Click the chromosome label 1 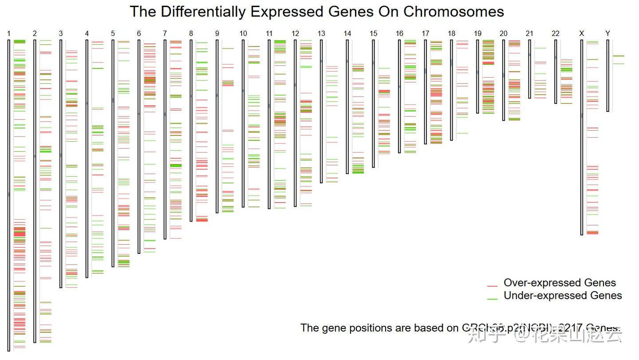click(x=9, y=33)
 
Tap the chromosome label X click(x=582, y=33)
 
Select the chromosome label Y click(x=607, y=33)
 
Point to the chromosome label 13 click(x=321, y=33)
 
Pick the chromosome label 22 click(x=556, y=33)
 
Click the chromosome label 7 click(x=165, y=33)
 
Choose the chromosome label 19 click(x=477, y=33)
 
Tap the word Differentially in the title click(x=202, y=12)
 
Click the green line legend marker click(x=492, y=299)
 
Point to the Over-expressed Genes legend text click(x=560, y=283)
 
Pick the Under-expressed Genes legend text click(x=563, y=296)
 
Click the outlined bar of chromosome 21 click(x=530, y=69)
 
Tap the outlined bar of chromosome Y click(x=608, y=75)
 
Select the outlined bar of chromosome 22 click(x=556, y=71)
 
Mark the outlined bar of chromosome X click(x=582, y=137)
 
